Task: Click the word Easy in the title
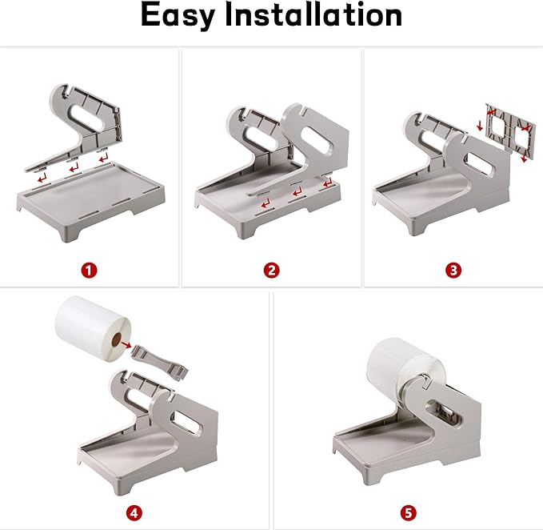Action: pyautogui.click(x=178, y=15)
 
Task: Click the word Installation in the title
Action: pyautogui.click(x=313, y=14)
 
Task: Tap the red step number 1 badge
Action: pyautogui.click(x=89, y=270)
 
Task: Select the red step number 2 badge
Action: pyautogui.click(x=271, y=270)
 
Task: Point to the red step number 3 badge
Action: pyautogui.click(x=453, y=270)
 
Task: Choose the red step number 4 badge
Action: pyautogui.click(x=134, y=512)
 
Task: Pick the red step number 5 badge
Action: pyautogui.click(x=409, y=512)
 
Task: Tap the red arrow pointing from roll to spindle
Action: pyautogui.click(x=126, y=344)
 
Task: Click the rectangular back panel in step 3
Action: pyautogui.click(x=510, y=131)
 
